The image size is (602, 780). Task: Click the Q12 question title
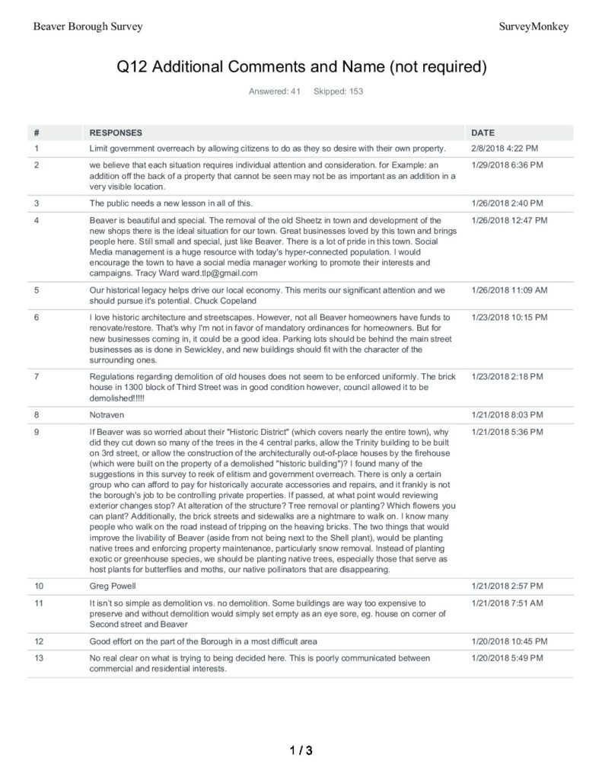tap(301, 67)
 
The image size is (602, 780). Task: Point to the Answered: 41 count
tap(269, 91)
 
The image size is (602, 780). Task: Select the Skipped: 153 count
tap(338, 91)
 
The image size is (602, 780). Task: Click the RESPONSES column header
tap(116, 133)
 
